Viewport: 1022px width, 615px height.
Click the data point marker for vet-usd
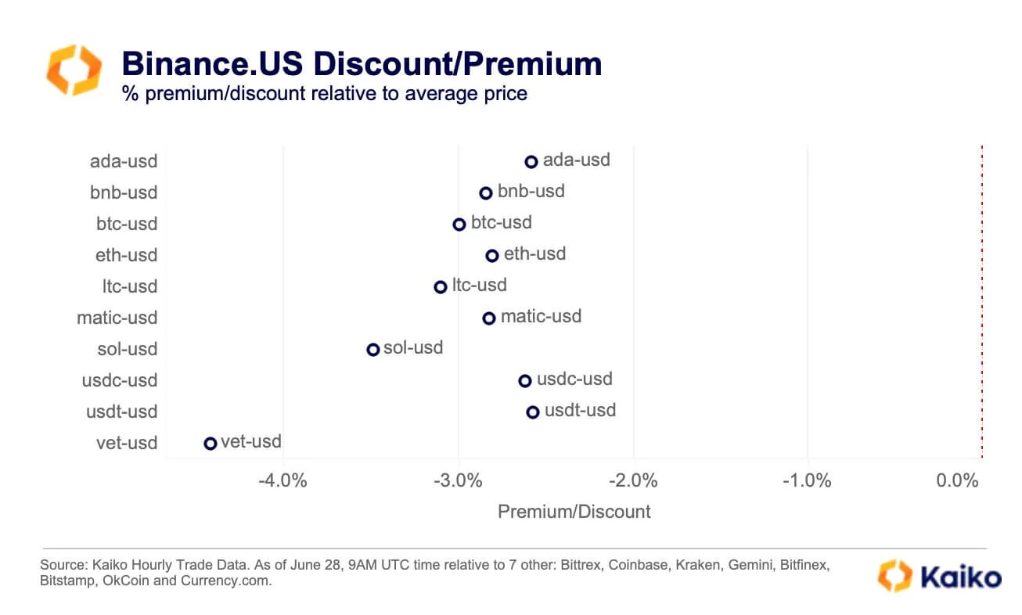[210, 444]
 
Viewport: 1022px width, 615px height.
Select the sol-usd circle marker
[373, 350]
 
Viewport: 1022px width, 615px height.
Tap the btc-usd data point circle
[459, 225]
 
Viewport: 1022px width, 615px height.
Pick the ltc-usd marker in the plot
[441, 287]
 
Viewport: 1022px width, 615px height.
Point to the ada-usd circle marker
[531, 162]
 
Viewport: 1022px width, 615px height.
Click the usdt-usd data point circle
[533, 412]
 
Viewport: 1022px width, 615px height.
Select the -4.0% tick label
[282, 480]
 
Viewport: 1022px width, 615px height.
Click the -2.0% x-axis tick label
[633, 480]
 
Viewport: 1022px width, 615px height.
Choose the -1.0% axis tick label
[807, 480]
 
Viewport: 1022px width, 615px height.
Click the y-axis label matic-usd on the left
[117, 318]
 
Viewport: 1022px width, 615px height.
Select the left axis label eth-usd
[127, 255]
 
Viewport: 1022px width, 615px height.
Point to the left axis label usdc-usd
[120, 380]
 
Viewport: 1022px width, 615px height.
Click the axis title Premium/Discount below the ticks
[574, 512]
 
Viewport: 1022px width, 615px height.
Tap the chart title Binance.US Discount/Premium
[362, 63]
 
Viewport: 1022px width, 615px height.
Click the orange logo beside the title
[74, 70]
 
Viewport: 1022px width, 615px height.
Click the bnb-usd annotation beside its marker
[531, 192]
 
